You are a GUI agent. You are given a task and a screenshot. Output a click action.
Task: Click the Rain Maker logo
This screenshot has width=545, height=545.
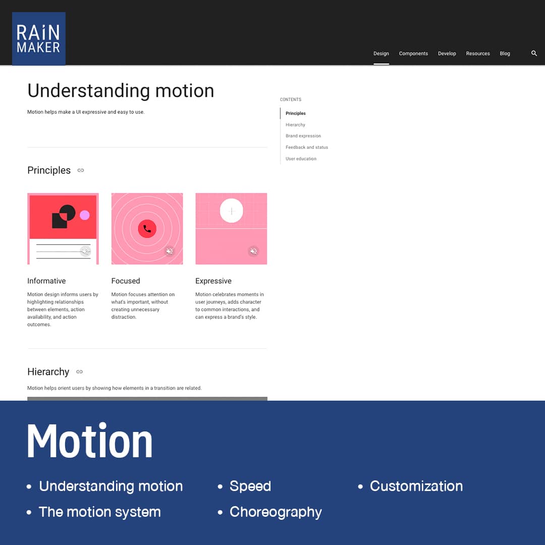tap(38, 38)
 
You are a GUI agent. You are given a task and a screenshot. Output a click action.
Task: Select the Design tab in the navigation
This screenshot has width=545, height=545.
tap(381, 53)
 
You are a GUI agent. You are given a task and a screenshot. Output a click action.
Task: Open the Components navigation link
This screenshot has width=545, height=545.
tap(413, 53)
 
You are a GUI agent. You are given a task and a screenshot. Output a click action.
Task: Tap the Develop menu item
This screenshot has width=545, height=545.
tap(447, 53)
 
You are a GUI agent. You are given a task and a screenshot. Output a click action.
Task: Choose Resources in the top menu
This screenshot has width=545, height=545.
tap(477, 53)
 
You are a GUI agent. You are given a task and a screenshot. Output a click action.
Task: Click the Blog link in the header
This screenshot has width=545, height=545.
tap(505, 53)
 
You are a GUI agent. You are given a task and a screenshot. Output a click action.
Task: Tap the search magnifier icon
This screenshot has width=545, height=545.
tap(534, 53)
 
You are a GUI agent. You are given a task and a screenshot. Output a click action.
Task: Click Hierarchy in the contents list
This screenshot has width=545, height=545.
tap(295, 125)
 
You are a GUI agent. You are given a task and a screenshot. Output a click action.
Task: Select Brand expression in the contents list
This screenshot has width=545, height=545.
tap(303, 136)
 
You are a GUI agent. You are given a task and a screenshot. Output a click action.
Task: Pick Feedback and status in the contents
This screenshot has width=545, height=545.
tap(307, 147)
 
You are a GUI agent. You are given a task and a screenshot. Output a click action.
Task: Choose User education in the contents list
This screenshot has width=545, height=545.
tap(301, 159)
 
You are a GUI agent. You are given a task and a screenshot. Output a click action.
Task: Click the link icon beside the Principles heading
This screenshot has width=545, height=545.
tap(81, 171)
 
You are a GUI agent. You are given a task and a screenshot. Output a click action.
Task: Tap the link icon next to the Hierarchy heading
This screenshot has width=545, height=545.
tap(80, 371)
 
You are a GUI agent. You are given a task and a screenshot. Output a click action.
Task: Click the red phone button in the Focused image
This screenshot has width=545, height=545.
tap(147, 229)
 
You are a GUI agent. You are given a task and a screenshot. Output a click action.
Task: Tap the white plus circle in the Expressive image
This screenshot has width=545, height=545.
tap(232, 210)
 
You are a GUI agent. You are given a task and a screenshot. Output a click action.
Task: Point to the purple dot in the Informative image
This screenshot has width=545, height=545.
tap(84, 215)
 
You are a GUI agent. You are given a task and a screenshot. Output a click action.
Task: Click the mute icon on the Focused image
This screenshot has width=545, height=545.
tap(170, 251)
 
